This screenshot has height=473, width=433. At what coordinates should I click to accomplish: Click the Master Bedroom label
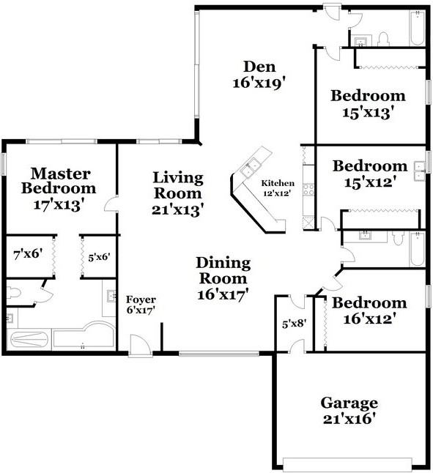[x=61, y=189]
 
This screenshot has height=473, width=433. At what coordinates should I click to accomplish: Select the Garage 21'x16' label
[x=349, y=411]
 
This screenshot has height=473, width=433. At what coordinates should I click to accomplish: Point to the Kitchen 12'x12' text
[x=278, y=187]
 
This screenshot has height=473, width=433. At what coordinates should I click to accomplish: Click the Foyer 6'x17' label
[x=140, y=305]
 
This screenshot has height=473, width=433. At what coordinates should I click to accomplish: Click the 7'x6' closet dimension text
[x=27, y=256]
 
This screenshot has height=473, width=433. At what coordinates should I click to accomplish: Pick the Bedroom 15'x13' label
[x=368, y=104]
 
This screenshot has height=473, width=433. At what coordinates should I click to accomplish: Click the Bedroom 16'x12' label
[x=369, y=310]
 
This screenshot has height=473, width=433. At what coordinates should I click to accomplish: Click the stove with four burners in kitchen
[x=308, y=190]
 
